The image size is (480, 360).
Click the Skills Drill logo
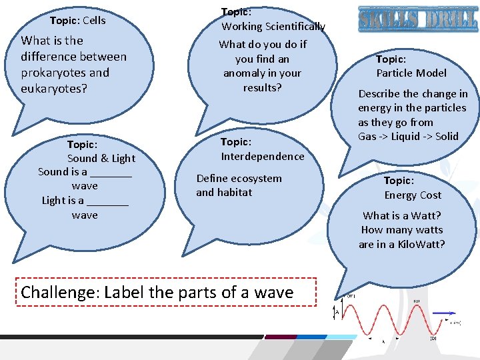tap(417, 19)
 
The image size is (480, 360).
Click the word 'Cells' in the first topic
tap(94, 20)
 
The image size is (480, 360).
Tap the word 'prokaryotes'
tap(53, 73)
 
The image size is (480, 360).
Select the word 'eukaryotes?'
tap(54, 88)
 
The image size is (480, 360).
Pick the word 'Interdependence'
tap(263, 156)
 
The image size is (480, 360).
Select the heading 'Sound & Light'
tap(101, 158)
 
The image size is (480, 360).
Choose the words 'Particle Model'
tap(411, 73)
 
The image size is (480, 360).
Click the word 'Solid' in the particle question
tap(447, 137)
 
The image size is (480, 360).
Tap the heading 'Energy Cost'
tap(413, 195)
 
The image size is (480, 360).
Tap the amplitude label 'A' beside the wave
tap(337, 311)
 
